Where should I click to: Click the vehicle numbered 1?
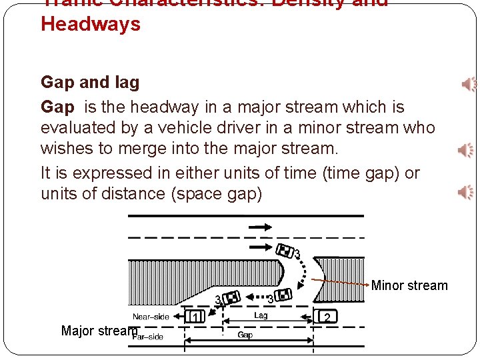[x=195, y=317]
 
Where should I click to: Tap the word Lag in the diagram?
[x=261, y=315]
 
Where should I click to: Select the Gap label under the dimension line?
[x=245, y=335]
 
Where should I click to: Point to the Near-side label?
[x=151, y=317]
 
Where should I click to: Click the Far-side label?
[x=149, y=337]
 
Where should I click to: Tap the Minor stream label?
[x=409, y=285]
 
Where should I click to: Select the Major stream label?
[x=99, y=331]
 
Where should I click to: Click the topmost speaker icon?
[x=469, y=84]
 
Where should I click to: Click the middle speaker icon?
[x=466, y=150]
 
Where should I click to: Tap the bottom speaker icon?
[x=466, y=193]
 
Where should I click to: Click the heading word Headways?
[x=91, y=25]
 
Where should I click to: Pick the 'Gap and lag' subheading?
[x=90, y=83]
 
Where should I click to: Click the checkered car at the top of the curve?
[x=286, y=251]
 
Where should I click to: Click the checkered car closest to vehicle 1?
[x=232, y=298]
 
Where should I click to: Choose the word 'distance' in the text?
[x=133, y=194]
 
